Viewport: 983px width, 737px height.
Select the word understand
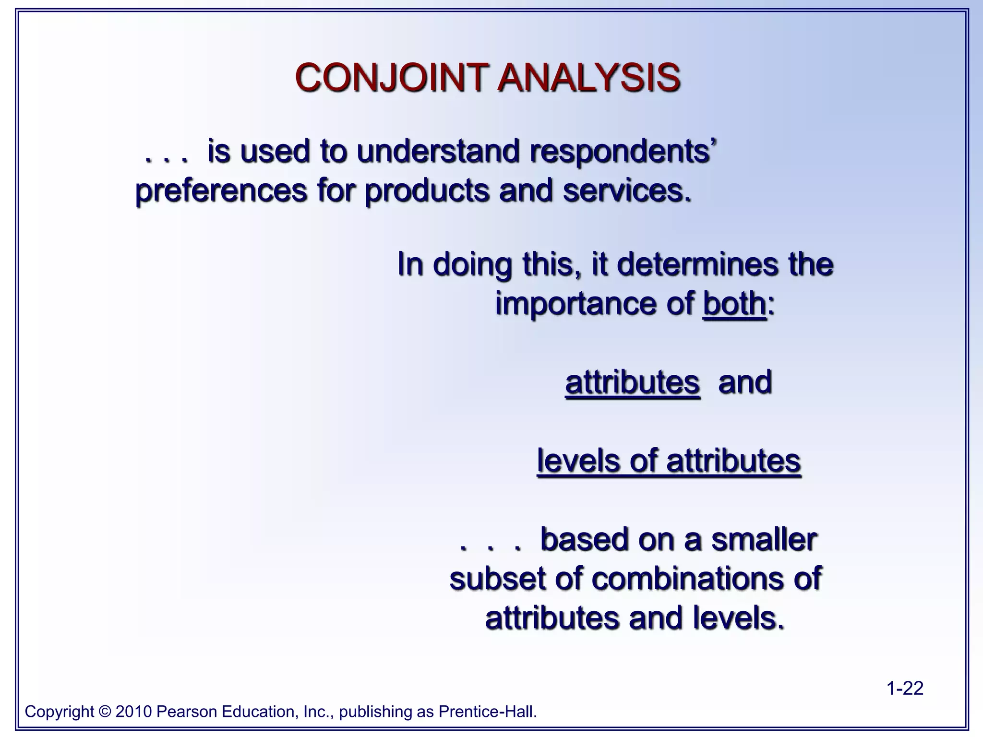(x=438, y=152)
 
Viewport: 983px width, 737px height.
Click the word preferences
(x=221, y=191)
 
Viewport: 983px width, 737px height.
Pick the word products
(x=426, y=191)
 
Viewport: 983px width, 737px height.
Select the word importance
(x=594, y=304)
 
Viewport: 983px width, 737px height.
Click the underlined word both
(x=734, y=303)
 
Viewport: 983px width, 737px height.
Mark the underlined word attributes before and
(x=632, y=382)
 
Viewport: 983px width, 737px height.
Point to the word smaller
(x=764, y=539)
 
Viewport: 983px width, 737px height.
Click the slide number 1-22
(x=904, y=689)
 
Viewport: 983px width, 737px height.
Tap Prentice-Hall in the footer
(x=487, y=712)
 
